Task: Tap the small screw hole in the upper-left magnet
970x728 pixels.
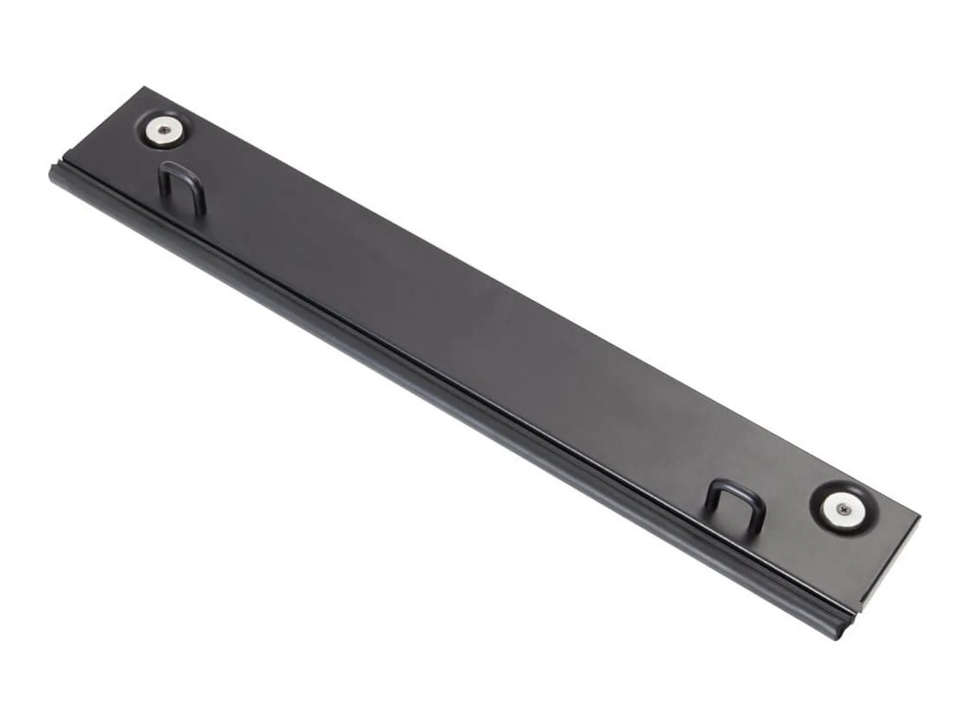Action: tap(164, 129)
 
